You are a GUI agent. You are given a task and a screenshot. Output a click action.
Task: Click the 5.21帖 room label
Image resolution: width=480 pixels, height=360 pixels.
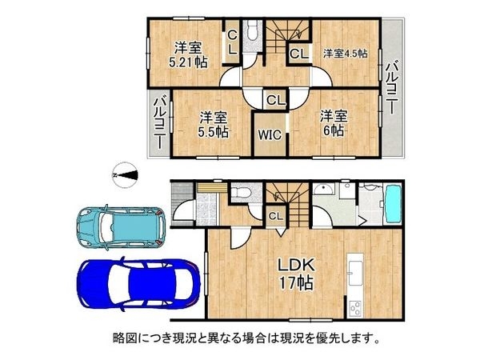coord(190,54)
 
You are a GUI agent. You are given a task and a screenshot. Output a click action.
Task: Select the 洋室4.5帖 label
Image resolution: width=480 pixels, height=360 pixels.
coord(344,54)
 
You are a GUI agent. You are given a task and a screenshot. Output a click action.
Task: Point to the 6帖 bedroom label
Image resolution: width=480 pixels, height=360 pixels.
coord(333,123)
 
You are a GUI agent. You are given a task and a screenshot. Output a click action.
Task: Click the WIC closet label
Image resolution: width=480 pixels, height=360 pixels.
coord(268,134)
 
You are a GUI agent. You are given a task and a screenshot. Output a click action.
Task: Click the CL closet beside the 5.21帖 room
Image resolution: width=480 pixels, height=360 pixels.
coord(231,42)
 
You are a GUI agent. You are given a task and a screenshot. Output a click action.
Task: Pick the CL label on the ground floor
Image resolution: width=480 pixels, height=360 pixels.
coord(274,216)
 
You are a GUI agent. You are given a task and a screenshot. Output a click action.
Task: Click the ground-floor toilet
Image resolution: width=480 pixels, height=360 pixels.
coord(239,192)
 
